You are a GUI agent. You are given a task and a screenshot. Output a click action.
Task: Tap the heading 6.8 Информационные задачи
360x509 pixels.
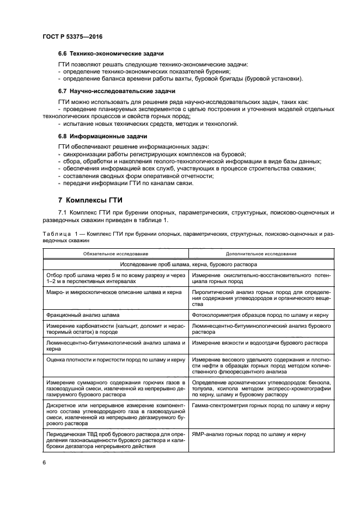pos(102,136)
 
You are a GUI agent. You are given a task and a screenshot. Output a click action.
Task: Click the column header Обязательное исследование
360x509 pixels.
pos(115,254)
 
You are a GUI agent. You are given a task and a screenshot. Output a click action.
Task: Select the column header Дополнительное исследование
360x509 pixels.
pos(261,254)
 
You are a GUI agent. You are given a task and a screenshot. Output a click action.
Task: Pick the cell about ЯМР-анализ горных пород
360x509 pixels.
pos(248,434)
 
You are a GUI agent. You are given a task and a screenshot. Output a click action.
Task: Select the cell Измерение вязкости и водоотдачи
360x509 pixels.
pos(259,343)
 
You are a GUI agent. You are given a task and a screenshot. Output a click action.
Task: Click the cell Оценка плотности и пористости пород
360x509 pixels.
pos(115,360)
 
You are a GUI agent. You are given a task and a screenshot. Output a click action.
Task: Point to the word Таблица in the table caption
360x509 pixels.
pos(55,233)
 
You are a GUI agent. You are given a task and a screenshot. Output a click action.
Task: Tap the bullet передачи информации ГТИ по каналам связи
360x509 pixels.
pos(125,182)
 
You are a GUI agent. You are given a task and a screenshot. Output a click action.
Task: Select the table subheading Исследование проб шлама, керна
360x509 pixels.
pos(188,264)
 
